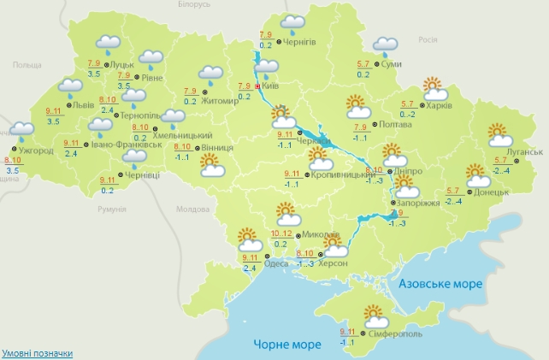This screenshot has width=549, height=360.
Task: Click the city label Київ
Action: [x=268, y=86]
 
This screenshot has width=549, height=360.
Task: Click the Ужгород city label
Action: [x=35, y=150]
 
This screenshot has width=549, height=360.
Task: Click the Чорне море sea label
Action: [x=287, y=345]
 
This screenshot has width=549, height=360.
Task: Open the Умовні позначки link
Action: [x=37, y=353]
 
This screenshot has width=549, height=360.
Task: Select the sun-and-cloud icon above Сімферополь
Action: [x=374, y=315]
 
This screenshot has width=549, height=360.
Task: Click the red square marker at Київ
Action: [x=257, y=86]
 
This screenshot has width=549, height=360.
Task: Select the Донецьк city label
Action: [x=493, y=192]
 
